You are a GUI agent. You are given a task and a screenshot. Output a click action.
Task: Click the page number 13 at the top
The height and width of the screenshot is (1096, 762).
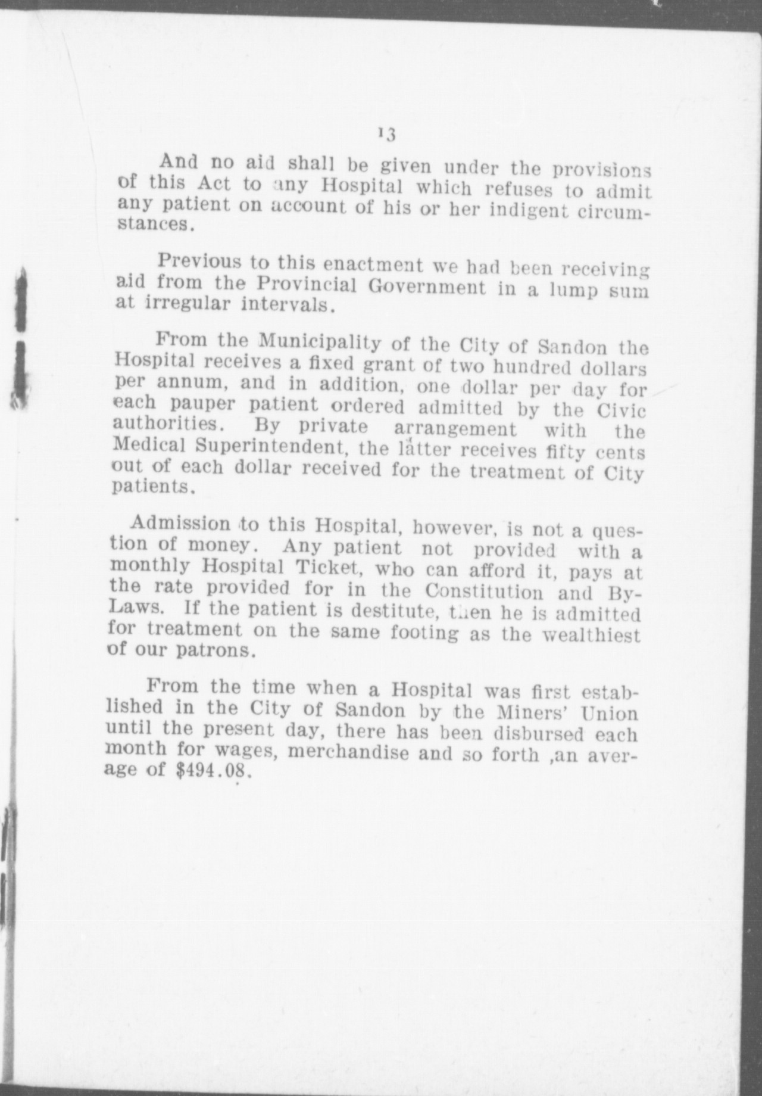tap(386, 134)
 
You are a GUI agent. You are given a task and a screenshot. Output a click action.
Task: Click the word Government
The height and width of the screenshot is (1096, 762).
tap(427, 287)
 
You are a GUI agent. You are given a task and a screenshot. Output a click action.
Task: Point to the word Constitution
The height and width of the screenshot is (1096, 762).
tap(483, 592)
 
